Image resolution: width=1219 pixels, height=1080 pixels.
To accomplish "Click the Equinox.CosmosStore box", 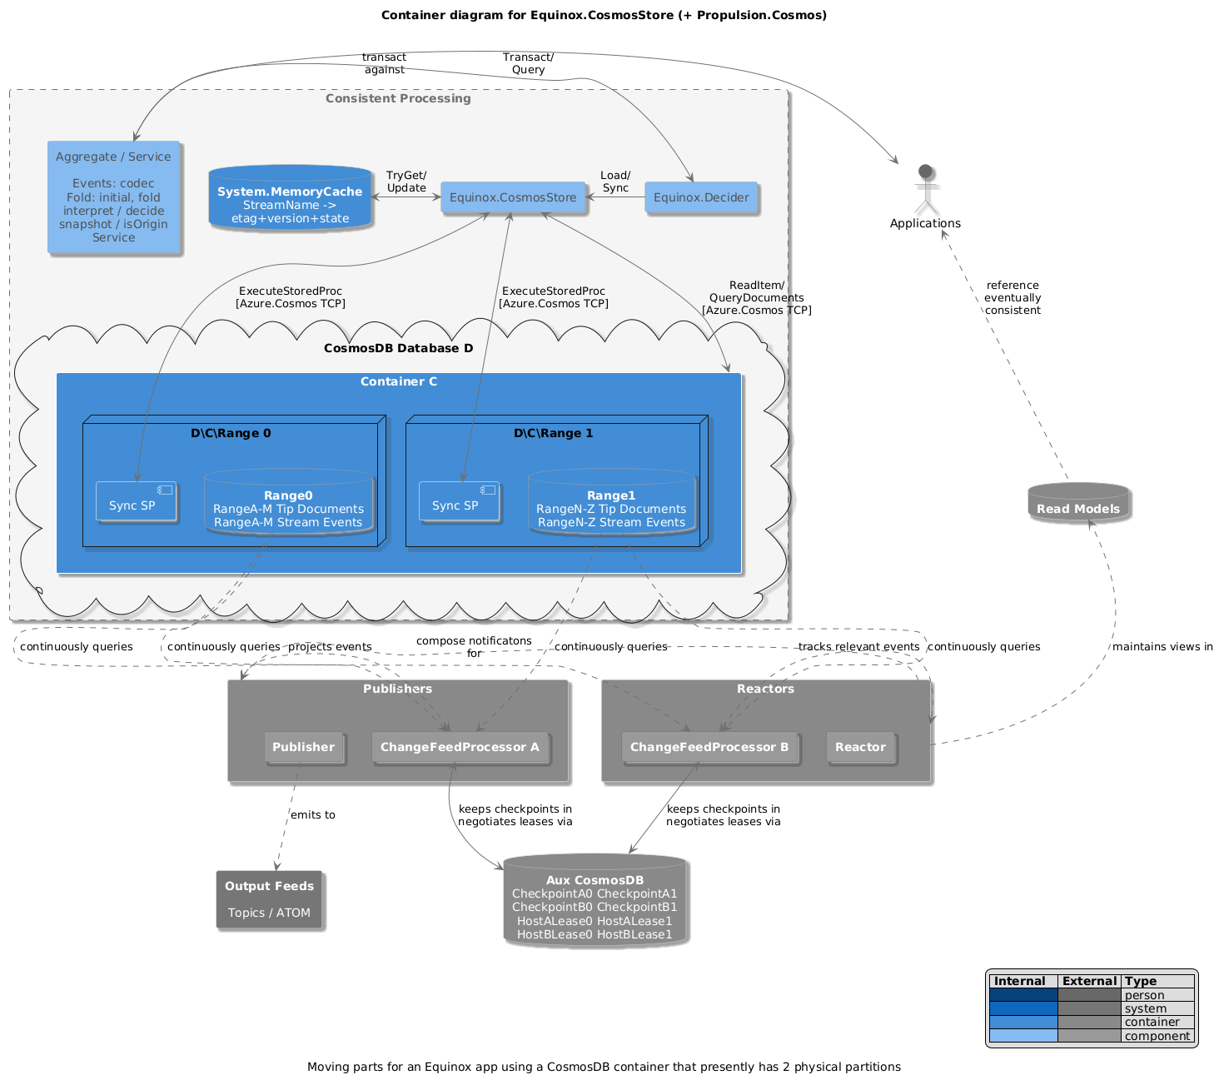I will coord(513,197).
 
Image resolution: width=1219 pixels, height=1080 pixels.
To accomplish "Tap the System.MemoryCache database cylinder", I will coord(290,199).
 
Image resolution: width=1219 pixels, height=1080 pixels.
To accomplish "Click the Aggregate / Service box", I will coord(113,197).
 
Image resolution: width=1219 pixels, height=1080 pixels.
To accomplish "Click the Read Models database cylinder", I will coord(1078,504).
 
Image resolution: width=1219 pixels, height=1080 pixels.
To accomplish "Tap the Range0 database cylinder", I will coord(288,503).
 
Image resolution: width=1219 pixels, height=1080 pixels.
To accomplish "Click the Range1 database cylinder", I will coord(611,503).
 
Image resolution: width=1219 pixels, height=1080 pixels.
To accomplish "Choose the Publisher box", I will coord(303,747).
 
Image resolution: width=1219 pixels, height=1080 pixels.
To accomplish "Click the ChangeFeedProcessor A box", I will coord(460,747).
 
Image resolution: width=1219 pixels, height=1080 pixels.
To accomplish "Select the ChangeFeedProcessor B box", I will coord(709,747).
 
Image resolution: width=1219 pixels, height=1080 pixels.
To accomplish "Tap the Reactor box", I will coord(860,747).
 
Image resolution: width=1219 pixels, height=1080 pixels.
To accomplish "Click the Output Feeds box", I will coord(269,899).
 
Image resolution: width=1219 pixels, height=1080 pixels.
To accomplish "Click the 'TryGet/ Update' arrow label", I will coord(406,182).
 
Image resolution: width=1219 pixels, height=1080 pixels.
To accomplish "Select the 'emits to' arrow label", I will coord(313,814).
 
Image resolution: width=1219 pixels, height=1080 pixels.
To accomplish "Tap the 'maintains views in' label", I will coord(1162,646).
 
